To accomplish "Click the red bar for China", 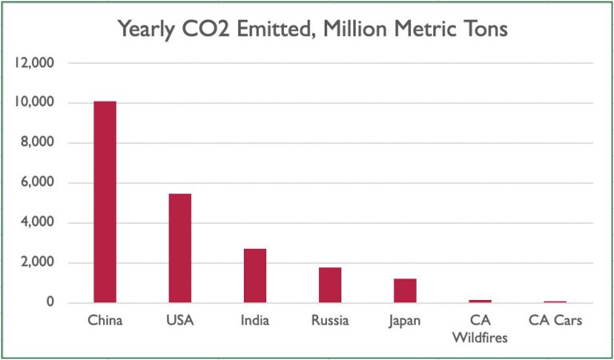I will click(x=105, y=202).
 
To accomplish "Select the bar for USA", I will click(x=180, y=248).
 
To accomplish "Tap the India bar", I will click(x=255, y=275).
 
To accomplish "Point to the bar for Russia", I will click(x=330, y=285).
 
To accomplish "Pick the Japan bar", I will click(x=405, y=290).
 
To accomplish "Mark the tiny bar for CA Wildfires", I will click(x=480, y=301).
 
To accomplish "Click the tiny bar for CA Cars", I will click(x=556, y=302).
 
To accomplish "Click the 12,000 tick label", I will click(x=33, y=63).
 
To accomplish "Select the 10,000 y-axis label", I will click(x=33, y=103).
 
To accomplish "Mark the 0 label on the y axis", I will click(x=50, y=303).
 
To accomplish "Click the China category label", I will click(x=105, y=322).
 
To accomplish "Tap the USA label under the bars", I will click(x=180, y=322).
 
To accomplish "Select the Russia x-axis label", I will click(x=330, y=322).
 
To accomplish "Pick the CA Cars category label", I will click(x=556, y=322).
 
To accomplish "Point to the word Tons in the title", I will click(x=482, y=30).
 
